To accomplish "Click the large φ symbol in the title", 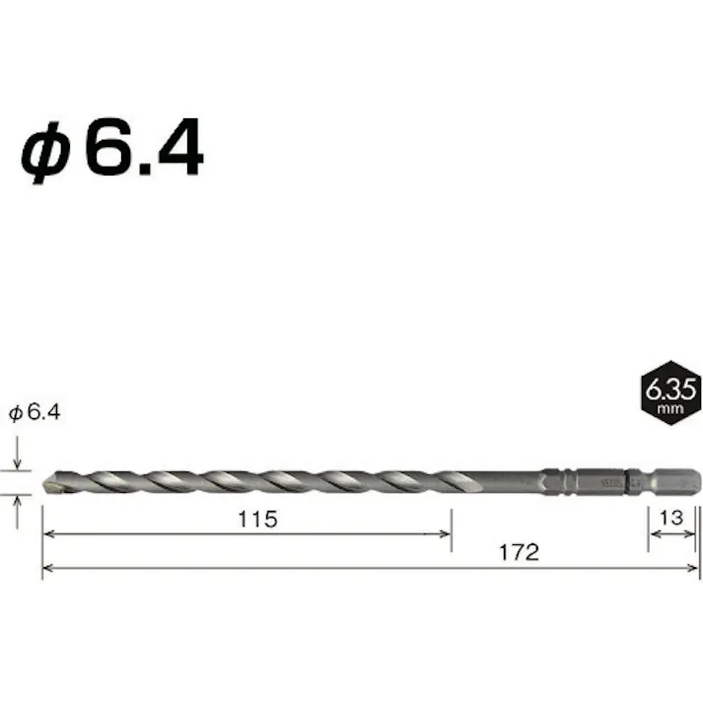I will [46, 153].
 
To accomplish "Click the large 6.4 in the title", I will [143, 151].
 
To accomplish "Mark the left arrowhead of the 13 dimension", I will [653, 535].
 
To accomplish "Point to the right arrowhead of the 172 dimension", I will [693, 569].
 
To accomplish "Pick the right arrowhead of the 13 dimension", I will [694, 535].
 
